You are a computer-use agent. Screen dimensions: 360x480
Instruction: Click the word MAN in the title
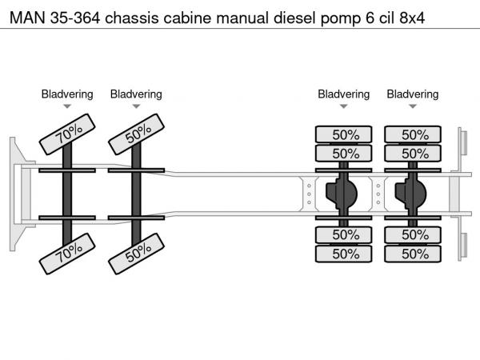[26, 15]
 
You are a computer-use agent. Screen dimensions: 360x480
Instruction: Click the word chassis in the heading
[134, 15]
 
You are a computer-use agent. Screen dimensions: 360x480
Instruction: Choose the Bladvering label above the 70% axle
[67, 94]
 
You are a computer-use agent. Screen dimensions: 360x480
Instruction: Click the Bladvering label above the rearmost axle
[413, 94]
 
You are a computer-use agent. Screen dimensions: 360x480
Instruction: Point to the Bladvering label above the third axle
[344, 94]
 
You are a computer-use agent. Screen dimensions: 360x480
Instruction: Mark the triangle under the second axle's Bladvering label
[136, 106]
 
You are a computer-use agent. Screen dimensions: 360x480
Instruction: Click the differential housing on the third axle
[343, 193]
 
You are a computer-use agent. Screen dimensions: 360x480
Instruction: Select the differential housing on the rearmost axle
[413, 193]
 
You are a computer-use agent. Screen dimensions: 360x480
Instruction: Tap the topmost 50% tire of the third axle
[344, 134]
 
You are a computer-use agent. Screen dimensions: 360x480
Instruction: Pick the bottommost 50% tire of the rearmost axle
[414, 254]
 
